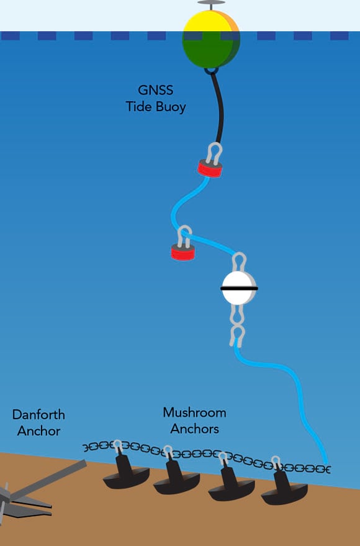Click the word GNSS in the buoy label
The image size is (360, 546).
(155, 90)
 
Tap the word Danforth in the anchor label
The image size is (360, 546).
(38, 415)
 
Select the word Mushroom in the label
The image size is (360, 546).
(194, 412)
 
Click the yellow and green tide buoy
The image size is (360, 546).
(211, 39)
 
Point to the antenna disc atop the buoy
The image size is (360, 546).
(211, 2)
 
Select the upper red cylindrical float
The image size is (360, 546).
(210, 168)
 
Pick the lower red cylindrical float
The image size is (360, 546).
(183, 252)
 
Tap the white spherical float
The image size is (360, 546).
(238, 288)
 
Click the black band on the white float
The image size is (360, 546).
(239, 288)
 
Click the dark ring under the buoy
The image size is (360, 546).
(211, 71)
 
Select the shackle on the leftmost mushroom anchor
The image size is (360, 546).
(118, 446)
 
